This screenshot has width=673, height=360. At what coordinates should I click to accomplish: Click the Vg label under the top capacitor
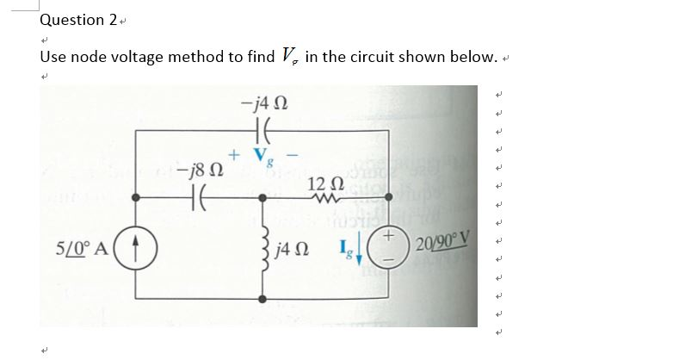[x=266, y=155]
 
